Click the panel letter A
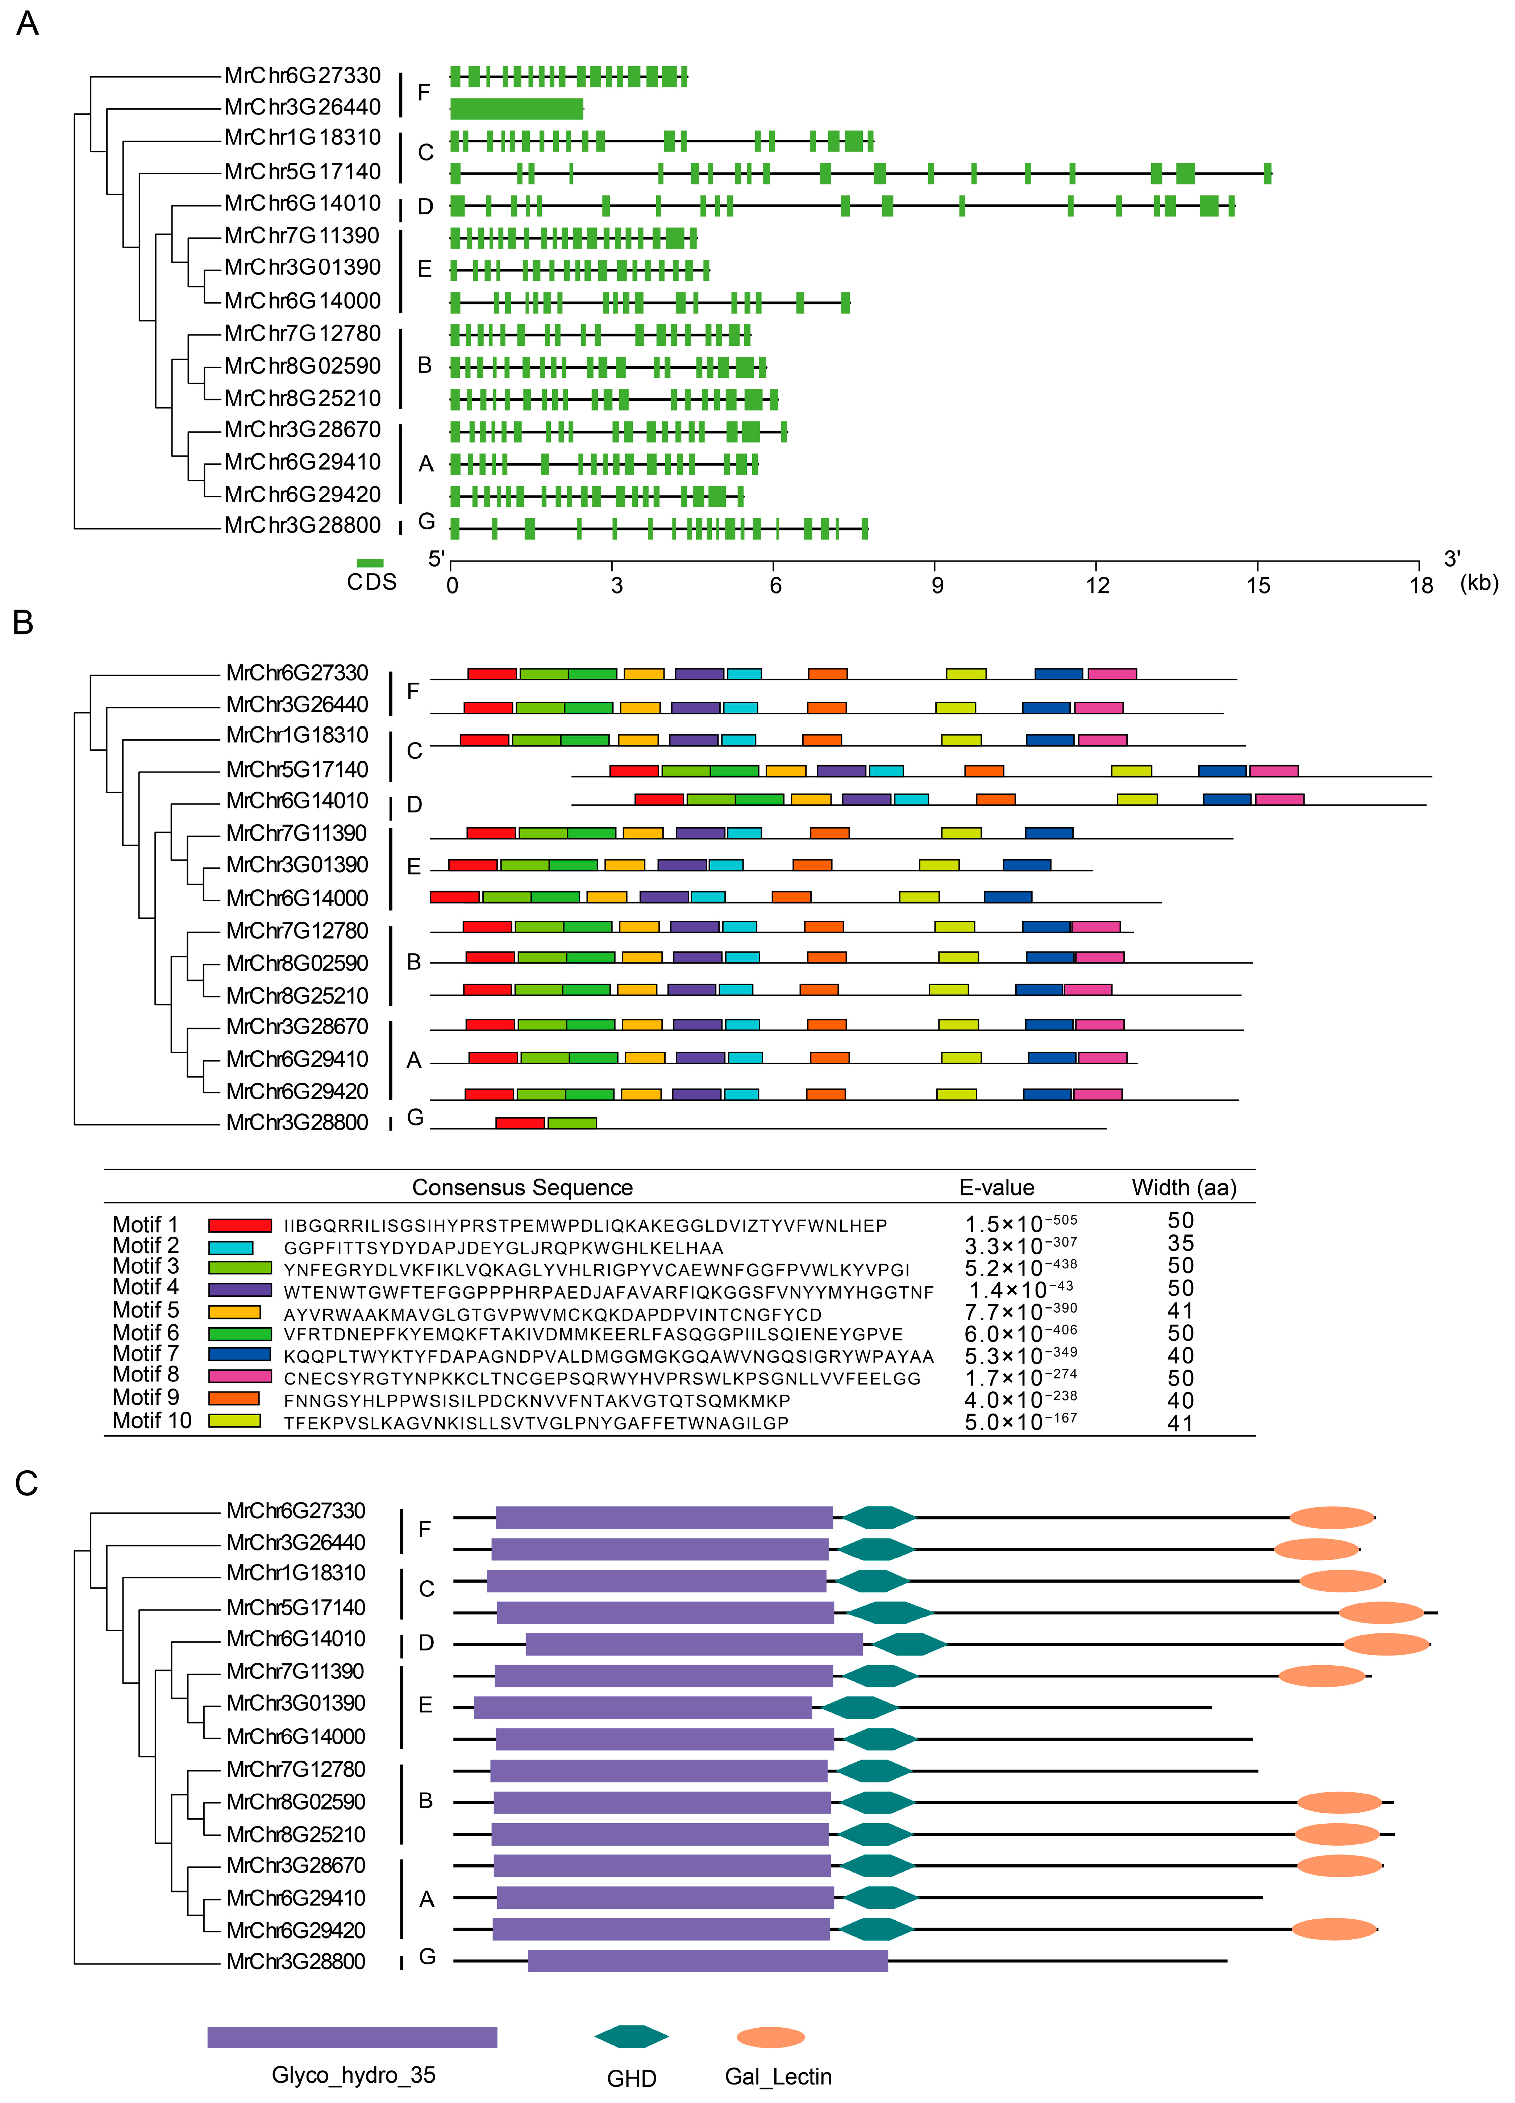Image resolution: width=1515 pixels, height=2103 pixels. coord(28,23)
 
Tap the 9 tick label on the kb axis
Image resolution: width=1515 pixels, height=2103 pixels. coord(936,585)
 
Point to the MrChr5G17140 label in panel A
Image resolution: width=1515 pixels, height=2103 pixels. coord(302,171)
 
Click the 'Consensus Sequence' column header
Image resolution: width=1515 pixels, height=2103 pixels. coord(522,1188)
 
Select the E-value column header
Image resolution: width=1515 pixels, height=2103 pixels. coord(997,1188)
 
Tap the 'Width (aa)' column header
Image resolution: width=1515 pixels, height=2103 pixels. coord(1184,1188)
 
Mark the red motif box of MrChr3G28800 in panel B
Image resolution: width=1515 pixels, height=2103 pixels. coord(520,1123)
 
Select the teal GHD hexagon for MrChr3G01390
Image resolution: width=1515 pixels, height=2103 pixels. coord(861,1707)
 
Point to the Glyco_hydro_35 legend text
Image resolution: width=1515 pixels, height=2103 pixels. coord(353,2076)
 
